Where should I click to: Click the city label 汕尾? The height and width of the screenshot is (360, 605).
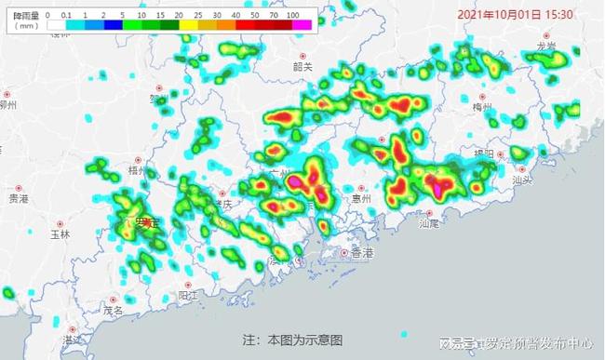pyautogui.click(x=429, y=223)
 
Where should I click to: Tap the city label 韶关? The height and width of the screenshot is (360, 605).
pyautogui.click(x=302, y=66)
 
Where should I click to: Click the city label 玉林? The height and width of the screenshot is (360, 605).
pyautogui.click(x=61, y=235)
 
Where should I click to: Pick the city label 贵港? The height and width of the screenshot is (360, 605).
pyautogui.click(x=18, y=198)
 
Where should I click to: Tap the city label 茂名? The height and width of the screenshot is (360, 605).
pyautogui.click(x=114, y=310)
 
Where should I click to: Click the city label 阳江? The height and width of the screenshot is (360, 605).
pyautogui.click(x=188, y=294)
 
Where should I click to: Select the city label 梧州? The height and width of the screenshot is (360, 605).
pyautogui.click(x=136, y=171)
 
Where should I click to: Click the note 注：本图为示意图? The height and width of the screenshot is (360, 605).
pyautogui.click(x=292, y=340)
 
